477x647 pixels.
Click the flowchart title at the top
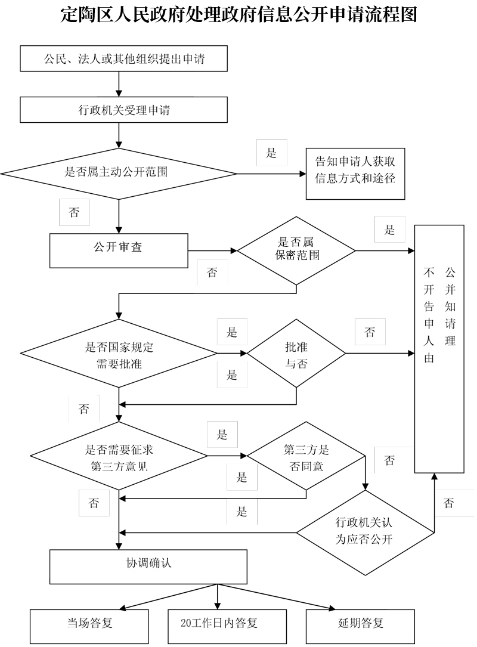pos(238,14)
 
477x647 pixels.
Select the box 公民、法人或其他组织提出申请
pos(124,58)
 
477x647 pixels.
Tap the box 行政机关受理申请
pos(124,110)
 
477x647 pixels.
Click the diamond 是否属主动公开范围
pos(119,174)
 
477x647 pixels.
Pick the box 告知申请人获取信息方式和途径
pos(355,174)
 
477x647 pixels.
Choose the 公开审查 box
pos(119,251)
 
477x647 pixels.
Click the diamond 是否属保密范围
pos(296,250)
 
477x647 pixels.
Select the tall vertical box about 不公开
pos(439,349)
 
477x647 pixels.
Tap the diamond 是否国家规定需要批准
pos(119,353)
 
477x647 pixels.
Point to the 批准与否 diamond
pos(296,353)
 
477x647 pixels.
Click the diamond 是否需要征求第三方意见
pos(119,456)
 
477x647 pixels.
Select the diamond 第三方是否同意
pos(306,456)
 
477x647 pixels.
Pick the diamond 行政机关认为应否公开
pos(365,533)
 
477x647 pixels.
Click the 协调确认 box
pos(148,566)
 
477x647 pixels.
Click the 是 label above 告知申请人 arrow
pos(271,153)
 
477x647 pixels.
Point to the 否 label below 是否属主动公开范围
pos(75,212)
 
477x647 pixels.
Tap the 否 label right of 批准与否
pos(370,332)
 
